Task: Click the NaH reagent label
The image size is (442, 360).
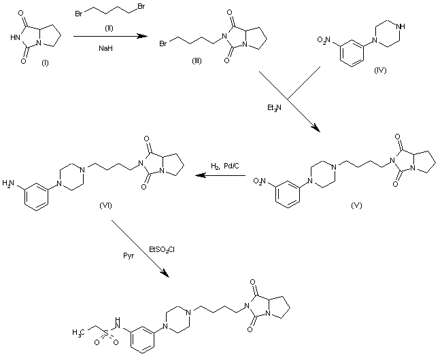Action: click(105, 48)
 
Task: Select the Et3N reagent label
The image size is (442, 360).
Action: click(275, 107)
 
